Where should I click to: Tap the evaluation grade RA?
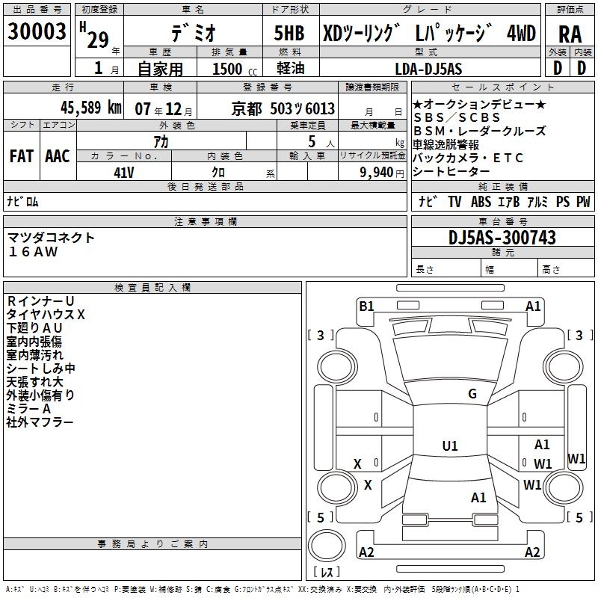coord(570,34)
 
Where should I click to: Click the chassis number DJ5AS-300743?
coord(502,237)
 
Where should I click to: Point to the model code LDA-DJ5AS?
coord(428,69)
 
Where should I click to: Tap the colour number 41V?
coord(123,171)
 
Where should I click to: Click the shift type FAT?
coord(22,155)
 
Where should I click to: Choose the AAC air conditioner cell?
coord(58,155)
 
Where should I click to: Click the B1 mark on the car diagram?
coord(366,306)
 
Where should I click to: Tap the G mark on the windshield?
coord(472,394)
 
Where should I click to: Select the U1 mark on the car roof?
coord(450,446)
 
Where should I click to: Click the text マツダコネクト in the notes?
coord(52,237)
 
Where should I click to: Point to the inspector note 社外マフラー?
coord(40,422)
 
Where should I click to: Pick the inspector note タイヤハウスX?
coord(46,315)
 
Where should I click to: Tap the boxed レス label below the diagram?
coord(327,572)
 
